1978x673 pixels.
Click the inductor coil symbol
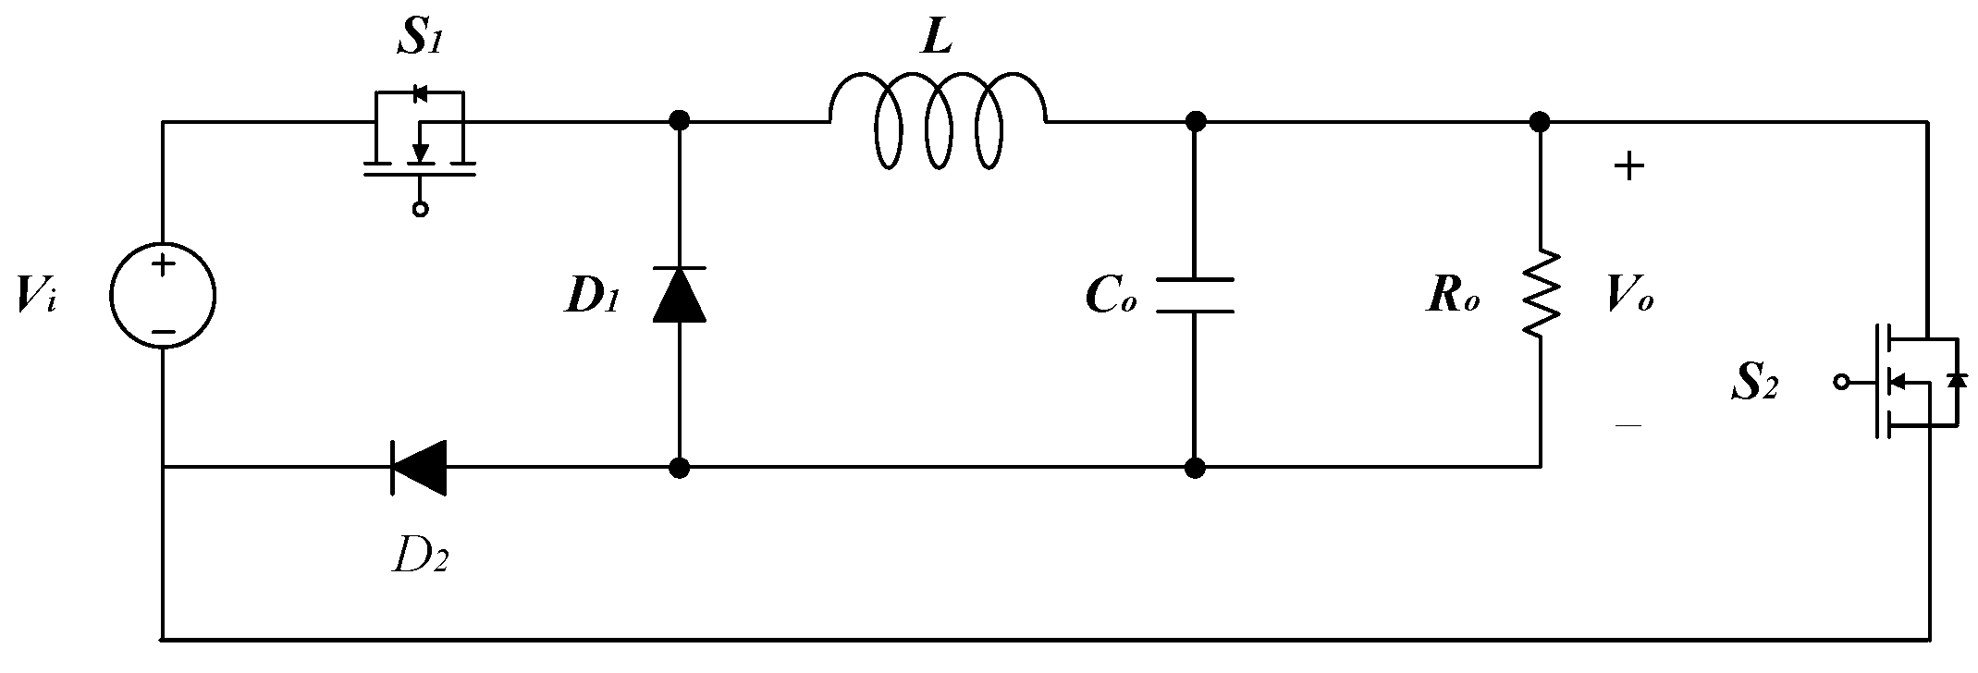coord(938,120)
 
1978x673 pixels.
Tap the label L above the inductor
coord(937,39)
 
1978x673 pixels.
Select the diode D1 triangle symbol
coord(680,295)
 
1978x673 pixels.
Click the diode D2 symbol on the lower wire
coord(419,468)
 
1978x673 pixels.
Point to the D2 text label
coord(421,555)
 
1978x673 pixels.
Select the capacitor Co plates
coord(1195,295)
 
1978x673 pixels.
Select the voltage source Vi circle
coord(163,297)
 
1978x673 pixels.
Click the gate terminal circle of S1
coord(421,209)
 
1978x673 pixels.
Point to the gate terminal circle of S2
coord(1840,381)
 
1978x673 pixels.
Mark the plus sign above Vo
coord(1628,167)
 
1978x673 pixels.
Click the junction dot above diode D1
coord(680,120)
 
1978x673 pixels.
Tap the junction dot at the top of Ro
coord(1539,120)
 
